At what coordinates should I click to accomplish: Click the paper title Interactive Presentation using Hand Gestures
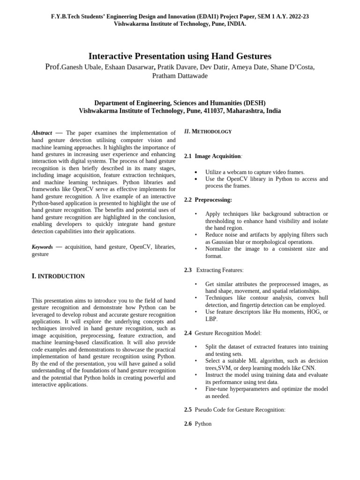[x=180, y=56]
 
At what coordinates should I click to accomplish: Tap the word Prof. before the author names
[x=53, y=67]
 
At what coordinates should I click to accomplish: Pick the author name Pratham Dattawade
[x=180, y=76]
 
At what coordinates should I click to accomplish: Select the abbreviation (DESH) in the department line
[x=253, y=103]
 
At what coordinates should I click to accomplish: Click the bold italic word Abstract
[x=42, y=133]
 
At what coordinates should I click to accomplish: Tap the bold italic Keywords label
[x=42, y=247]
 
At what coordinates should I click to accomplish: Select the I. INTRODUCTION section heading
[x=58, y=277]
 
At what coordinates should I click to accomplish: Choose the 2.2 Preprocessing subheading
[x=208, y=200]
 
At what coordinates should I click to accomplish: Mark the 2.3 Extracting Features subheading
[x=214, y=270]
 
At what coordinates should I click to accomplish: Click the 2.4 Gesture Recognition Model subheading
[x=223, y=333]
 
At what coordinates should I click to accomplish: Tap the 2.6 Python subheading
[x=198, y=424]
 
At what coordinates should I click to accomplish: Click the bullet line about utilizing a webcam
[x=255, y=172]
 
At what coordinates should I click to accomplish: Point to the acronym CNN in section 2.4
[x=308, y=368]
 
